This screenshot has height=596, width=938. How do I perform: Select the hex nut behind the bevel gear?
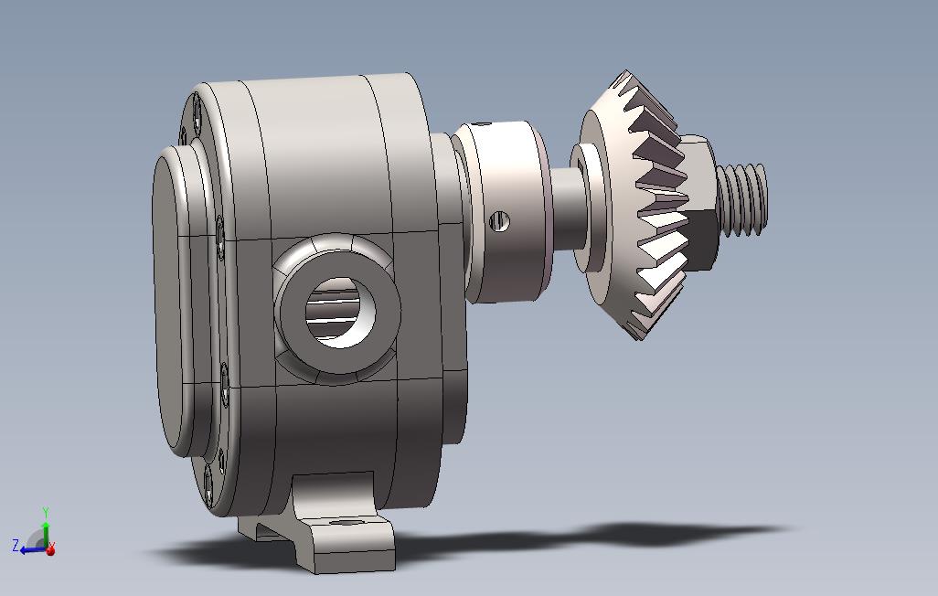(701, 204)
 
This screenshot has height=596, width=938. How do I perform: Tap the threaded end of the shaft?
(741, 198)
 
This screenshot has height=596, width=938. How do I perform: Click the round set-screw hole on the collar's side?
(499, 222)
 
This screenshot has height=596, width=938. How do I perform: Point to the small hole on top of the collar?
(482, 124)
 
